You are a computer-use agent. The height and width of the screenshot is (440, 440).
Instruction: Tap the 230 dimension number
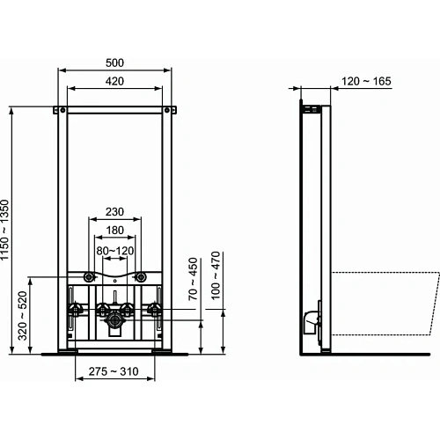tap(115, 212)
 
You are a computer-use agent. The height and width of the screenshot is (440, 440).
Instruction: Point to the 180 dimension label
tap(115, 231)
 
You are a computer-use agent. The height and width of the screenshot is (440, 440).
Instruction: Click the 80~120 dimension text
tap(115, 250)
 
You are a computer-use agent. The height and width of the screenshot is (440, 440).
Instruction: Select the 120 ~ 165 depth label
tap(363, 81)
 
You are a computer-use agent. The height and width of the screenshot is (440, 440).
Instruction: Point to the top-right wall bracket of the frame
tap(168, 109)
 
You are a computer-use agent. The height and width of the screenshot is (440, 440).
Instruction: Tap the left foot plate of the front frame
tap(66, 351)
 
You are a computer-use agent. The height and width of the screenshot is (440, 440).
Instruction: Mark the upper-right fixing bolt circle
tap(139, 278)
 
